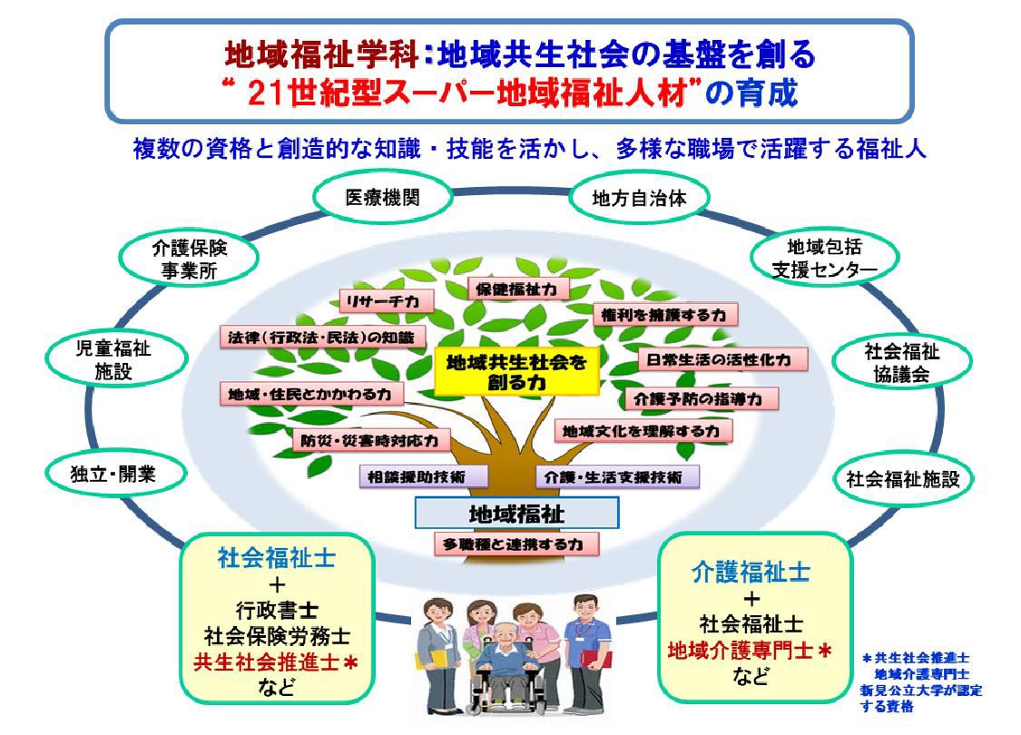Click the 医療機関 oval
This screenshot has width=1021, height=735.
point(383,197)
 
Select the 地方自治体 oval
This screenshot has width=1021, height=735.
point(639,198)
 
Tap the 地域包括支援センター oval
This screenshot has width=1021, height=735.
point(824,257)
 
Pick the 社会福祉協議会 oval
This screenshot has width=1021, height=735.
point(902,363)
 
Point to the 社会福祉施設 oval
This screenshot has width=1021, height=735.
point(902,479)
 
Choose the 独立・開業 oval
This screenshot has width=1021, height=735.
point(114,474)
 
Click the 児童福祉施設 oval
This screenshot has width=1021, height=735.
point(115,360)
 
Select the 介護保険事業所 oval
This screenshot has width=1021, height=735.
point(189,259)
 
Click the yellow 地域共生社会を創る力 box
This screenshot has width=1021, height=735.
point(516,372)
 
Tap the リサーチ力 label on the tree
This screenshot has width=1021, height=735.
point(386,301)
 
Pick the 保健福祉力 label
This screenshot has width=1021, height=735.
point(517,289)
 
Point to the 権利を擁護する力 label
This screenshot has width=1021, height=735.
point(664,315)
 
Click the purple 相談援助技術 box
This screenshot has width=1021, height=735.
point(423,476)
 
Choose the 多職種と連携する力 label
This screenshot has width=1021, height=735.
point(516,544)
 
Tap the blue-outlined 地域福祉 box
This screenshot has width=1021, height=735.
point(516,514)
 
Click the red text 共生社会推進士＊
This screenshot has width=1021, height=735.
point(275,662)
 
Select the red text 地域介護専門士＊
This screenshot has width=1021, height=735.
point(751,650)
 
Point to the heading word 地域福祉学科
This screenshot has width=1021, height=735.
point(321,54)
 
